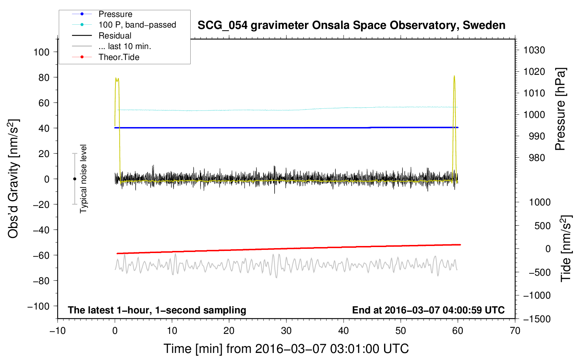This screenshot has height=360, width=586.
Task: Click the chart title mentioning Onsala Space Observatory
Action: click(351, 25)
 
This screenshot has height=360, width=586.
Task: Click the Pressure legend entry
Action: click(115, 14)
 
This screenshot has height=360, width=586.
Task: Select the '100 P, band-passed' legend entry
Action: click(137, 25)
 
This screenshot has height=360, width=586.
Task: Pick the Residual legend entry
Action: click(115, 36)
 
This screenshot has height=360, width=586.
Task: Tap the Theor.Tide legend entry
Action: click(119, 57)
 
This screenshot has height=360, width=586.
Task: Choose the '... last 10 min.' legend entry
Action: click(125, 46)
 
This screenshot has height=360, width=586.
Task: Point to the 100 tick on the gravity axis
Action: click(41, 52)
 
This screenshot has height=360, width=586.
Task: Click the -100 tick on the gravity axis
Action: click(38, 306)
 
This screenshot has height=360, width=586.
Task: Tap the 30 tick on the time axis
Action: click(286, 331)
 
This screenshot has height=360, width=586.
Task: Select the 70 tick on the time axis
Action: click(515, 331)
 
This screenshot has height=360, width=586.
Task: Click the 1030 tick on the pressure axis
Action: click(534, 50)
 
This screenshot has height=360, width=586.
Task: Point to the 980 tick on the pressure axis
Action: click(537, 158)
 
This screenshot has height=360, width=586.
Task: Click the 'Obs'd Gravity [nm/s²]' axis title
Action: click(13, 179)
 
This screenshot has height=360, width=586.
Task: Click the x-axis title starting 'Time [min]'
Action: click(286, 349)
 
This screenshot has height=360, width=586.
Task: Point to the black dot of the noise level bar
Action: click(74, 179)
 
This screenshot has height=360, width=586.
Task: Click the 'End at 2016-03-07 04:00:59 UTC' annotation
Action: click(428, 310)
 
